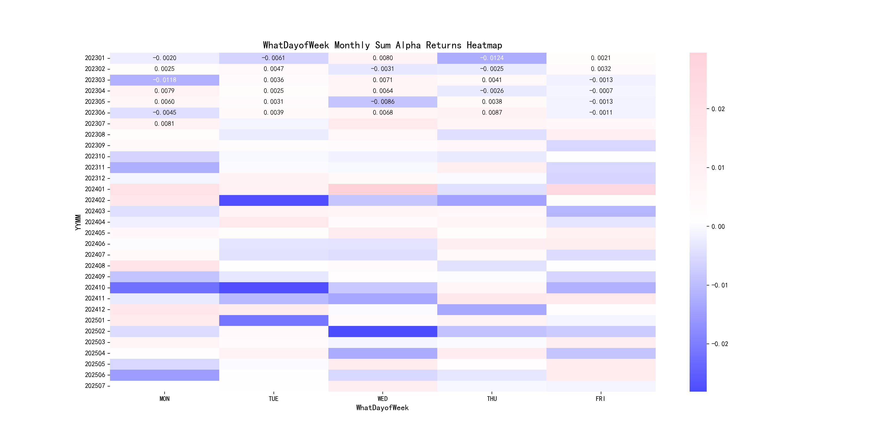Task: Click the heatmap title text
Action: [x=382, y=45]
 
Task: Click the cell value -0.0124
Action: [x=492, y=58]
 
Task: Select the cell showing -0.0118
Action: [x=164, y=80]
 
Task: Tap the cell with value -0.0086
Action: [x=383, y=102]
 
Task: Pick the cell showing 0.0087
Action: [x=492, y=113]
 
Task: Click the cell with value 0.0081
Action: [x=164, y=124]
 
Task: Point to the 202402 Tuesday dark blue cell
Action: [x=274, y=200]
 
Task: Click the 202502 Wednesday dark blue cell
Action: [x=383, y=331]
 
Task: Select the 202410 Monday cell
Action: [x=164, y=288]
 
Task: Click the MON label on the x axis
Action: [x=164, y=399]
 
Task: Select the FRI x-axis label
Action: [x=601, y=399]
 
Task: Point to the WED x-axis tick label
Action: [x=383, y=399]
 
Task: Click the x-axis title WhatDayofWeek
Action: [x=382, y=408]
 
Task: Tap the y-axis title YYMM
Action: [x=78, y=222]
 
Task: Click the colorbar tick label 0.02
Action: [x=718, y=109]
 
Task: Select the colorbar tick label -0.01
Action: [x=719, y=285]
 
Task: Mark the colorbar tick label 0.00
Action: [x=718, y=227]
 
